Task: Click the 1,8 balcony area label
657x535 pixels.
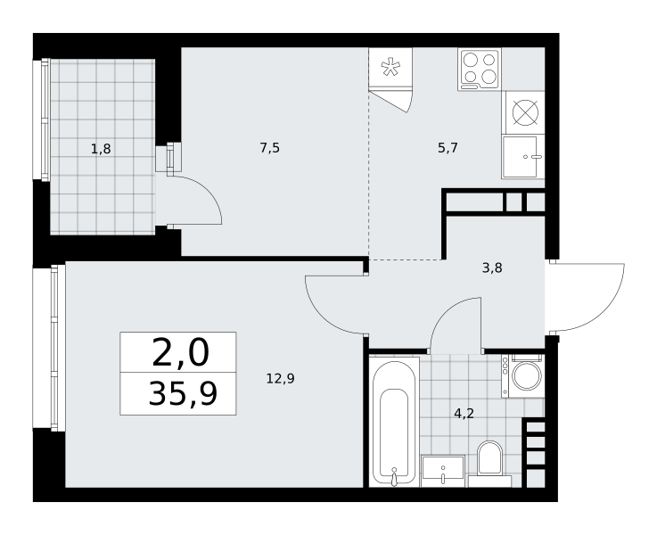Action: point(101,148)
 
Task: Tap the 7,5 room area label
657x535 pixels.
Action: point(270,147)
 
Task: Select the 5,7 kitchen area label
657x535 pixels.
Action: point(448,147)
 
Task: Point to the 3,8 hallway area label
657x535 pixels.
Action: point(492,267)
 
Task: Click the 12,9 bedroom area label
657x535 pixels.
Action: point(281,379)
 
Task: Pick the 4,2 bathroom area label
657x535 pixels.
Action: point(464,414)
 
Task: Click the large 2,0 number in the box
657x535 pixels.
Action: point(180,353)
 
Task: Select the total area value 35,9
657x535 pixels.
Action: point(183,394)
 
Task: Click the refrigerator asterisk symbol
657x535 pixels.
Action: point(390,67)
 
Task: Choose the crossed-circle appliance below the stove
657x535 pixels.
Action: point(525,112)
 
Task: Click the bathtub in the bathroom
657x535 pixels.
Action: point(394,422)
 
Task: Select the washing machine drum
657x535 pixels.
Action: point(527,375)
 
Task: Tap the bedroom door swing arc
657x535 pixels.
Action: point(321,317)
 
